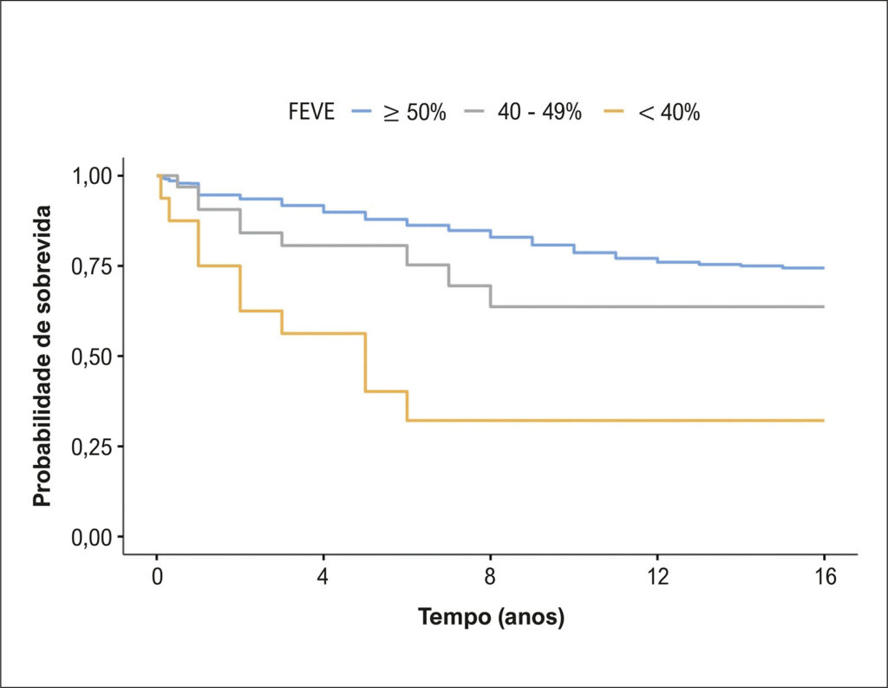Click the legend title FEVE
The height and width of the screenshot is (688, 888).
pos(311,111)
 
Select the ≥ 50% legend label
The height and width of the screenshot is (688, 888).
pos(415,112)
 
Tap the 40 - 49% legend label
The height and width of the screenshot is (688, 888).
pos(539,111)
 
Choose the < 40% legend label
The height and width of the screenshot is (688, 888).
pos(669,112)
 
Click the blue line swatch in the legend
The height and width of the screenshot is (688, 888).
pos(362,111)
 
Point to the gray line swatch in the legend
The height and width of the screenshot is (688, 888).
pos(474,111)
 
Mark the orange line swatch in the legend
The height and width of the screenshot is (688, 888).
pos(613,111)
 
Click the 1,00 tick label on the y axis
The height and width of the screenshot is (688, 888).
pos(92,175)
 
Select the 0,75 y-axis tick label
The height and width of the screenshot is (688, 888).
pos(92,265)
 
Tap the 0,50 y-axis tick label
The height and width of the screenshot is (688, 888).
pos(92,356)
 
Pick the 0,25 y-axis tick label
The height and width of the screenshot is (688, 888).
pos(92,447)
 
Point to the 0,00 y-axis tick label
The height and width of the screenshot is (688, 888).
pos(92,537)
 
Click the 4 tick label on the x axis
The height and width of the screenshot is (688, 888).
pos(323,576)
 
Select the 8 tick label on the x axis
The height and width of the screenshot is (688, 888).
pos(490,576)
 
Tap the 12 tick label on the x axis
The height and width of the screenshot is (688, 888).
pos(657,576)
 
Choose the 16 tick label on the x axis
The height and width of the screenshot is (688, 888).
pos(825,576)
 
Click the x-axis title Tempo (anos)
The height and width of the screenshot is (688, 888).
pos(491,616)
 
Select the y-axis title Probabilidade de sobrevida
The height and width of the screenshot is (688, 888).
pos(42,356)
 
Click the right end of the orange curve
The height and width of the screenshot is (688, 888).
pos(824,421)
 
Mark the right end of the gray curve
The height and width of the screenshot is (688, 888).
pos(824,306)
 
